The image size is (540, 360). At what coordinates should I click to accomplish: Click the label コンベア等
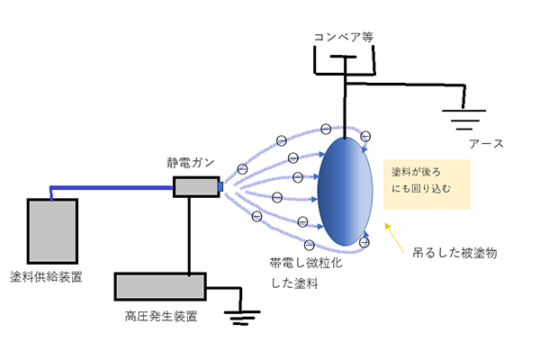(x=342, y=37)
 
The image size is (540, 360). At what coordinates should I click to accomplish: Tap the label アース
(x=485, y=144)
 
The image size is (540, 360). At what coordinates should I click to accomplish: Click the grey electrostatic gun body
(x=194, y=187)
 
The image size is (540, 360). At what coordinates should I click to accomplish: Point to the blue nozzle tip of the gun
(x=220, y=187)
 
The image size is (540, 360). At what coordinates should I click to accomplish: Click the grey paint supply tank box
(x=52, y=229)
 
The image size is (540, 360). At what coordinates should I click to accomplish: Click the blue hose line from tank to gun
(x=108, y=188)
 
